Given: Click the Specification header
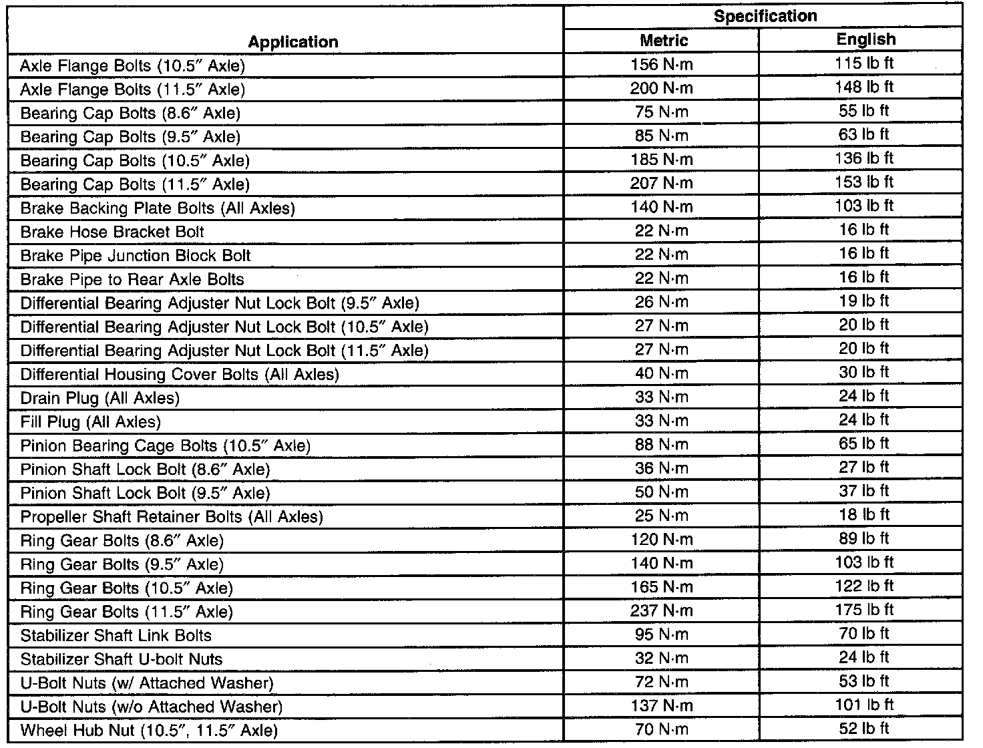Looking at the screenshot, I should click(765, 17).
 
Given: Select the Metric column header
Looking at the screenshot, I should click(663, 41).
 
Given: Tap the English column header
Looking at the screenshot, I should click(865, 39).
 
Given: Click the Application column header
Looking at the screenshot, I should click(292, 42).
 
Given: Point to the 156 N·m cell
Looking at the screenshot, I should click(661, 64).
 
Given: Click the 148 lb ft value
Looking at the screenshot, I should click(863, 87).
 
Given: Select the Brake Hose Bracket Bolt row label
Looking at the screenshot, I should click(112, 232).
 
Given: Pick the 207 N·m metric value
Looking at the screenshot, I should click(661, 183).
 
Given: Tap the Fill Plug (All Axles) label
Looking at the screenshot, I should click(91, 422).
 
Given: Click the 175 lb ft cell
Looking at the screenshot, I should click(863, 610).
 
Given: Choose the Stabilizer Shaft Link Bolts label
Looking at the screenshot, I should click(116, 636).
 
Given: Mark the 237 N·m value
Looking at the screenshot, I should click(661, 611).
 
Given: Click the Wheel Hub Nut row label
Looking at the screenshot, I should click(149, 731).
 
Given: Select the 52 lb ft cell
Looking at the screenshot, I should click(863, 729).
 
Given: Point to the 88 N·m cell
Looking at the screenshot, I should click(661, 445).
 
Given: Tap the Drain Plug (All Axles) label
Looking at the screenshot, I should click(100, 399).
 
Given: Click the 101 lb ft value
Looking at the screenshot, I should click(863, 705).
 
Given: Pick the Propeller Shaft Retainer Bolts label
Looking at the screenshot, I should click(172, 517).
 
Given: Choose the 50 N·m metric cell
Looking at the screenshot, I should click(661, 492).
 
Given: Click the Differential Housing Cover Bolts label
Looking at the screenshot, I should click(180, 375).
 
